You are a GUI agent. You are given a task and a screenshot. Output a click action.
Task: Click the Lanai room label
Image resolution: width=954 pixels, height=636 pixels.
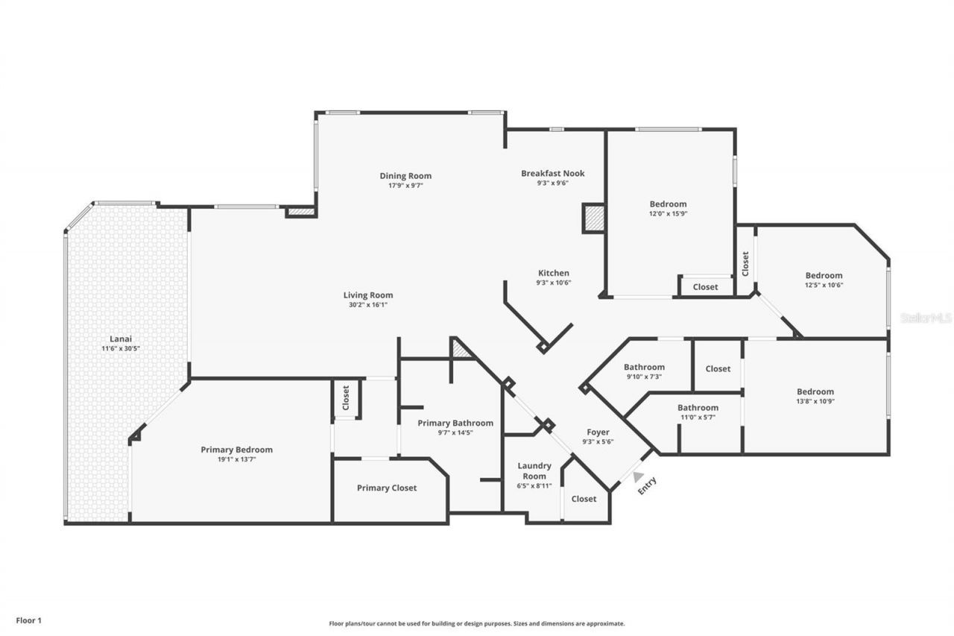pos(121,339)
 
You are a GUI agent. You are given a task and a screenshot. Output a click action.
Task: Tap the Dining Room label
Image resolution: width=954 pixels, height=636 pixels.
pos(405,176)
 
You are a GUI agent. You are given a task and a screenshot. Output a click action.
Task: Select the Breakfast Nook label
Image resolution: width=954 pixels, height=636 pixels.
pos(552,173)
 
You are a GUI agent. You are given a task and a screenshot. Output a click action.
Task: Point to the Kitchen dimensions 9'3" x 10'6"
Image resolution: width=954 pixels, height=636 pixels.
pos(552,283)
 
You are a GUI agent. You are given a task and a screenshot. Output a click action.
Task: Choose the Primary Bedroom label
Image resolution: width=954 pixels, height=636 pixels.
pos(236,450)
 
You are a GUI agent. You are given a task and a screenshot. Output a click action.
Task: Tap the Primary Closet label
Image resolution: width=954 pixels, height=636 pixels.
pos(386,488)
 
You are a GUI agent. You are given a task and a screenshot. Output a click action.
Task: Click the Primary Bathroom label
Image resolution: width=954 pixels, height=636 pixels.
pos(455,423)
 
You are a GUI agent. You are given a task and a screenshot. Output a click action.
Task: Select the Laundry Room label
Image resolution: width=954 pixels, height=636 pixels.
pos(534,470)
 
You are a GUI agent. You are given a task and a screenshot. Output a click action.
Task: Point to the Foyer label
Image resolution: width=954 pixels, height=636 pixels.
pos(598,432)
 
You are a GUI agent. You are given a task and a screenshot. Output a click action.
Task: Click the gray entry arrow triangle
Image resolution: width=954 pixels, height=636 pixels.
pos(638,476)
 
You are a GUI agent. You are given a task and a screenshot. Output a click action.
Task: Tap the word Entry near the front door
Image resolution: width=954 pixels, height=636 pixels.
pos(647,485)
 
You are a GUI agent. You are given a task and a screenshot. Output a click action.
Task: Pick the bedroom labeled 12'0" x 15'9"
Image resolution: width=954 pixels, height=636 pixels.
pos(668,204)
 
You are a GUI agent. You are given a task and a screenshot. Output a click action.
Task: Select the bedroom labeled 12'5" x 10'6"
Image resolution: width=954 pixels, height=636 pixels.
pos(823,276)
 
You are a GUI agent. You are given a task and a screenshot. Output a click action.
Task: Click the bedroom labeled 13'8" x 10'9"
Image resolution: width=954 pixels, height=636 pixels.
pos(815,392)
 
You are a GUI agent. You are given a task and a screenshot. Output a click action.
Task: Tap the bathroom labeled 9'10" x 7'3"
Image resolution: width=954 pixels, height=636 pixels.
pos(644,367)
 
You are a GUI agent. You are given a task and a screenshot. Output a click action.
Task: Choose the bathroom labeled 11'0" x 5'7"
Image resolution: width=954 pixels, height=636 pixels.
pos(698,408)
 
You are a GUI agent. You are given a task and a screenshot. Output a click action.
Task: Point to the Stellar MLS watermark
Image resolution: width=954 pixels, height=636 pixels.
pos(925,318)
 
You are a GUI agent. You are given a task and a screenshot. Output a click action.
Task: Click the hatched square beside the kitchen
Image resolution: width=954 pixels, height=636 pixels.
pos(594,218)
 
